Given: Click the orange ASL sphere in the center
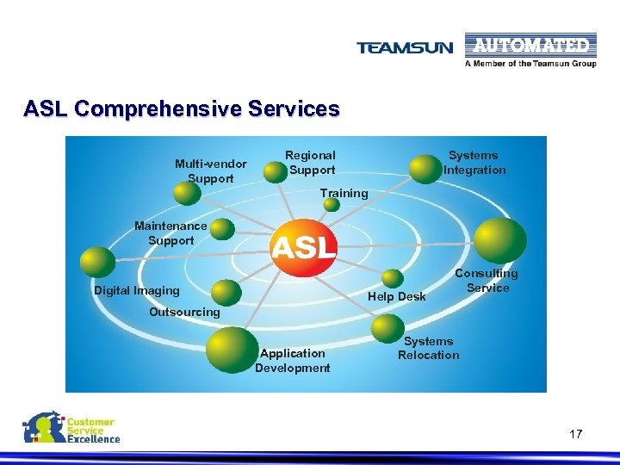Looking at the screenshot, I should pyautogui.click(x=303, y=247).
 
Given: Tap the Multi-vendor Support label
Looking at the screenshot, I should pyautogui.click(x=210, y=170).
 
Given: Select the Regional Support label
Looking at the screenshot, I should pyautogui.click(x=311, y=163).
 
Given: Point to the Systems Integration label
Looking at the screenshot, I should pyautogui.click(x=474, y=163).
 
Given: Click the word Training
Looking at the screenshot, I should pyautogui.click(x=344, y=193).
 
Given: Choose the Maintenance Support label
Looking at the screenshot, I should pyautogui.click(x=170, y=232).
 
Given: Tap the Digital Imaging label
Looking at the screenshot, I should pyautogui.click(x=137, y=290).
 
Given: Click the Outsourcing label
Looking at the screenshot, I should pyautogui.click(x=184, y=312).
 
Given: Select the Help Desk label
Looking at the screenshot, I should pyautogui.click(x=396, y=296).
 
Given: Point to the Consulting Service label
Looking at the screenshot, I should pyautogui.click(x=487, y=281).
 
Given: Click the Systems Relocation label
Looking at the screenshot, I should pyautogui.click(x=428, y=348).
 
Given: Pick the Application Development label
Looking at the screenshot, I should pyautogui.click(x=292, y=360).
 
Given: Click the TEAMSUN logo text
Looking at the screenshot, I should pyautogui.click(x=405, y=48).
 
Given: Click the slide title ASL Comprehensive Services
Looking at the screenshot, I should pyautogui.click(x=182, y=109).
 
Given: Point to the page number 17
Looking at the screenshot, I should pyautogui.click(x=575, y=434).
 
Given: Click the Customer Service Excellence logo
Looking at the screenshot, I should pyautogui.click(x=71, y=428).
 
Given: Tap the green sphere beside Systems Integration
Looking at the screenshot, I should pyautogui.click(x=425, y=168).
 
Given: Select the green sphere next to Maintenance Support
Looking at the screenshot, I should pyautogui.click(x=222, y=228).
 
